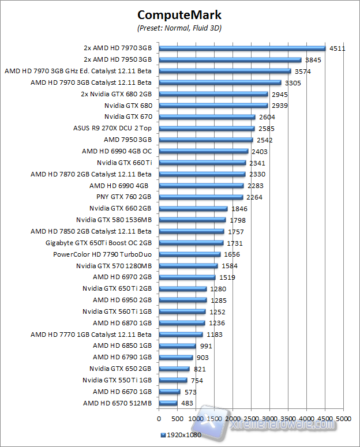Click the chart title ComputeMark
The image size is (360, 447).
click(x=180, y=14)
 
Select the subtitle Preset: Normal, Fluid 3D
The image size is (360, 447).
click(x=180, y=27)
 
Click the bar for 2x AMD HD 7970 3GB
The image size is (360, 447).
click(x=242, y=48)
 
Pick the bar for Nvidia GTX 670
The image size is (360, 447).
click(x=207, y=117)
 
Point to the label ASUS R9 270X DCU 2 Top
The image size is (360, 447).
click(x=112, y=128)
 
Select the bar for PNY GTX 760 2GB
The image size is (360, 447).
click(x=201, y=197)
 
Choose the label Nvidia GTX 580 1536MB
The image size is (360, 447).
click(x=114, y=220)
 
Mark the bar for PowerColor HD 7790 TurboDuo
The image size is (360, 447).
click(x=189, y=254)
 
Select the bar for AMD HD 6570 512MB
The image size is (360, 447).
click(x=168, y=403)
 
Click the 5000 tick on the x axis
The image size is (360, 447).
click(x=344, y=418)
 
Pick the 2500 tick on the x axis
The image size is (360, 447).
click(x=251, y=418)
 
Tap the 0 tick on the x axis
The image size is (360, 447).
click(x=159, y=418)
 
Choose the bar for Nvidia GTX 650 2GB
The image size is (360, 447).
click(x=174, y=369)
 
